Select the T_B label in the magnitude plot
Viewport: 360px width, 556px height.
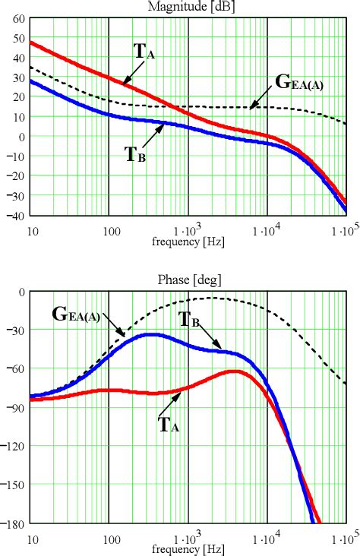click(135, 150)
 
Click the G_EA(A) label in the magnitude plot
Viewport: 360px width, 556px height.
click(298, 83)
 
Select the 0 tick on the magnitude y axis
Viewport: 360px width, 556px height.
click(21, 137)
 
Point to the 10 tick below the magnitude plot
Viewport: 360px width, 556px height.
click(32, 229)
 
